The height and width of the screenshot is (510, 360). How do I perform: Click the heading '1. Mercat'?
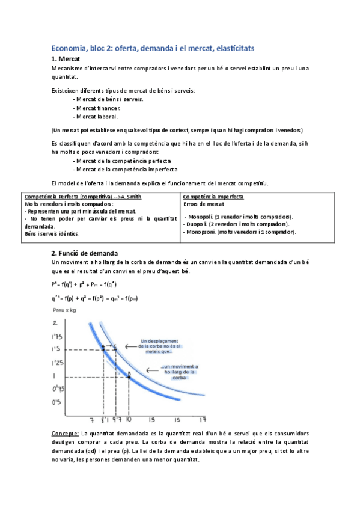click(x=70, y=59)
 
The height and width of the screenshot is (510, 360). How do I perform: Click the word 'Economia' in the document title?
click(x=70, y=47)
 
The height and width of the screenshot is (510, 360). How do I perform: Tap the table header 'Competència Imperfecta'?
click(x=213, y=197)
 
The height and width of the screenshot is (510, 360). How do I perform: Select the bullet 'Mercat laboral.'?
click(x=97, y=117)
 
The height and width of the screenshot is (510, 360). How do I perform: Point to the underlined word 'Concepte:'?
click(x=65, y=434)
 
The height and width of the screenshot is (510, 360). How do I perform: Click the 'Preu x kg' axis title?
click(x=67, y=311)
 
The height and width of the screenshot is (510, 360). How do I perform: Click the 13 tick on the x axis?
click(x=152, y=420)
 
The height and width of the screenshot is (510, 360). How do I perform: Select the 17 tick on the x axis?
click(x=203, y=420)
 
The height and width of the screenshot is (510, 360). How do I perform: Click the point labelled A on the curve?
click(x=103, y=348)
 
